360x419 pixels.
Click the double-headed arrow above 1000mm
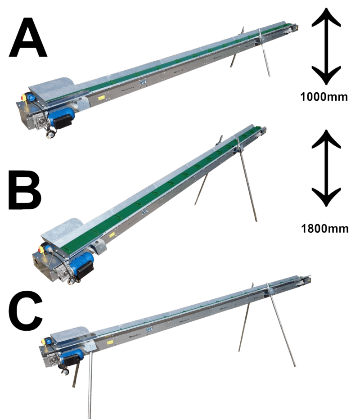325,47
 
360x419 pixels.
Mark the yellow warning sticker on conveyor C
110,342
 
